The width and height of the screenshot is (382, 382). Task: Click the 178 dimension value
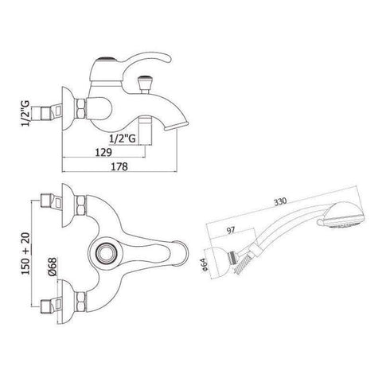coord(119,166)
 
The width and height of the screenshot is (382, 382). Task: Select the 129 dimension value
coord(103,152)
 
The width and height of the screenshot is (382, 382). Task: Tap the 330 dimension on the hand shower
coord(280,202)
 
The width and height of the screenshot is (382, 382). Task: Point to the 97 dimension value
coord(231,230)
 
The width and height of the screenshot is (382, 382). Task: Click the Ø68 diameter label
coord(53,266)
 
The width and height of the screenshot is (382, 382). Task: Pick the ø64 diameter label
coord(205,264)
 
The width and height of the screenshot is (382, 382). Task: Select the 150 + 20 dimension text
coord(25,254)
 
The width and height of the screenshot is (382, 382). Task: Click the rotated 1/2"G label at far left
coord(25,114)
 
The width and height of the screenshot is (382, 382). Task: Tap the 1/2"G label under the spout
coord(123,138)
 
